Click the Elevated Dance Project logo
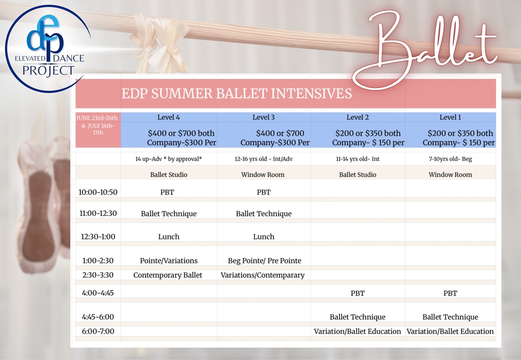tap(48, 49)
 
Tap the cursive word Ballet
tap(425, 49)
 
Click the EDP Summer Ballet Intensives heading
tap(237, 93)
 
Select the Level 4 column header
tap(169, 117)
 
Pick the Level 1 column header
tap(450, 117)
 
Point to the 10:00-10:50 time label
tap(98, 192)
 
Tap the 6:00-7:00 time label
tap(98, 331)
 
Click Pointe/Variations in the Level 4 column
tap(169, 261)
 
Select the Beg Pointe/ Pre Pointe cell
tap(264, 261)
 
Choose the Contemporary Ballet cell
tap(168, 275)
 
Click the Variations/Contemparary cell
tap(263, 275)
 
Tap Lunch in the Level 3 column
tap(263, 237)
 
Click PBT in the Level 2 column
tap(357, 293)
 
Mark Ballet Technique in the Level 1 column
tap(450, 317)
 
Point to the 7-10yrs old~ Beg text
tap(450, 159)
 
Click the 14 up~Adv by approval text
tap(169, 159)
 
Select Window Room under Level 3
tap(263, 175)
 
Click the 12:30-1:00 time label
tap(98, 237)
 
